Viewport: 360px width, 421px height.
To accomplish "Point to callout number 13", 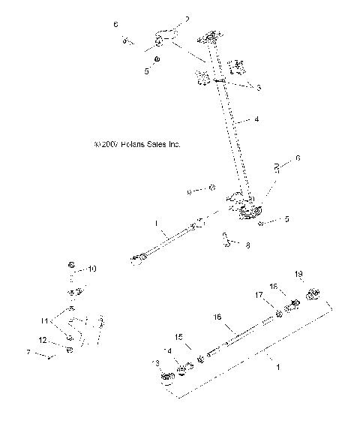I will [155, 362].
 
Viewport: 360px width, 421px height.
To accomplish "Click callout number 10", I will [92, 268].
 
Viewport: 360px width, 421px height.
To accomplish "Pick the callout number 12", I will [43, 339].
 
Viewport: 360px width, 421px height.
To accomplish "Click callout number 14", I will [168, 350].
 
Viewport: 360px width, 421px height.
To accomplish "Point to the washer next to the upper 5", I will [157, 57].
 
